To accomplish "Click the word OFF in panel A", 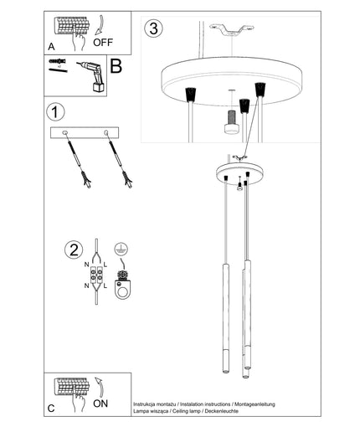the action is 103,43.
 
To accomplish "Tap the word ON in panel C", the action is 100,404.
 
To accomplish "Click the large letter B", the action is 116,66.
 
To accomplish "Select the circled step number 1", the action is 55,112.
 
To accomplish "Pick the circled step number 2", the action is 74,249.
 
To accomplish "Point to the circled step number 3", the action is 153,28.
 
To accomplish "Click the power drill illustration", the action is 92,76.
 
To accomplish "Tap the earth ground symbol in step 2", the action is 121,249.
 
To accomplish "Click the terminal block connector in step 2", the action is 96,274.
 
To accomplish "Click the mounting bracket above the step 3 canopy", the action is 232,30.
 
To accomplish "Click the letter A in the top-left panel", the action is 51,47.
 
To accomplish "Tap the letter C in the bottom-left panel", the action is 51,409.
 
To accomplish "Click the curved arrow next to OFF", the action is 100,25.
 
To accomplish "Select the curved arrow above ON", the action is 100,387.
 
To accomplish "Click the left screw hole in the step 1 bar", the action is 64,132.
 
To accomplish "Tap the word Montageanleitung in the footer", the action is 255,404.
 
